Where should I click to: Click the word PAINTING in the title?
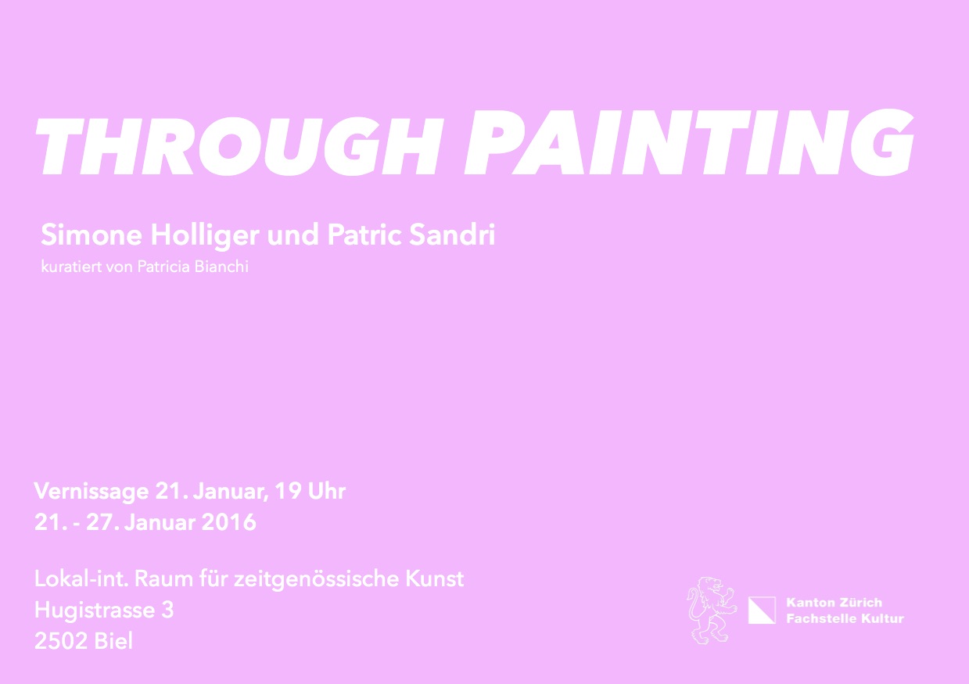(689, 142)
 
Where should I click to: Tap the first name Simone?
(92, 235)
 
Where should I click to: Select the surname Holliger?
(205, 236)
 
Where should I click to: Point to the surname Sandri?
(451, 235)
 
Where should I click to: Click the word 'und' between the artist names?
(292, 235)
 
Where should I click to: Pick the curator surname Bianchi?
(221, 267)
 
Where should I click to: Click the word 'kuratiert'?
(71, 267)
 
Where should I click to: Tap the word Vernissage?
(92, 492)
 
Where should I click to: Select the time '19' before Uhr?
(288, 491)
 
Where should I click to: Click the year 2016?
(229, 522)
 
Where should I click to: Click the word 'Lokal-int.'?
(81, 578)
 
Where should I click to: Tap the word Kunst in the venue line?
(434, 578)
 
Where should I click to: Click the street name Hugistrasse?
(95, 611)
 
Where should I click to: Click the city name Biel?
(113, 641)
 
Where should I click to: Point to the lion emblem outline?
(711, 611)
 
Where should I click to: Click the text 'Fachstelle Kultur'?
(845, 618)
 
